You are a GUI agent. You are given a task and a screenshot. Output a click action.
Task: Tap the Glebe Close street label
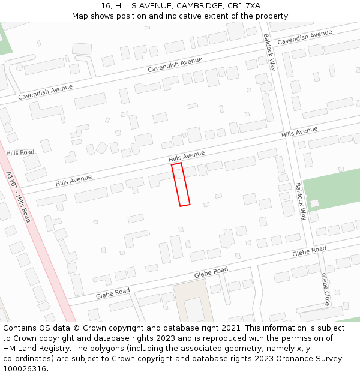[x=325, y=289]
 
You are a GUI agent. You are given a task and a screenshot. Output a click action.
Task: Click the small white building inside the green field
[x=314, y=203]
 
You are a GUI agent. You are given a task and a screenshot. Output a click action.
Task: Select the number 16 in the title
[x=106, y=6]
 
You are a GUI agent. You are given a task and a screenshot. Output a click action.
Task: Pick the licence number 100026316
[x=25, y=369]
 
